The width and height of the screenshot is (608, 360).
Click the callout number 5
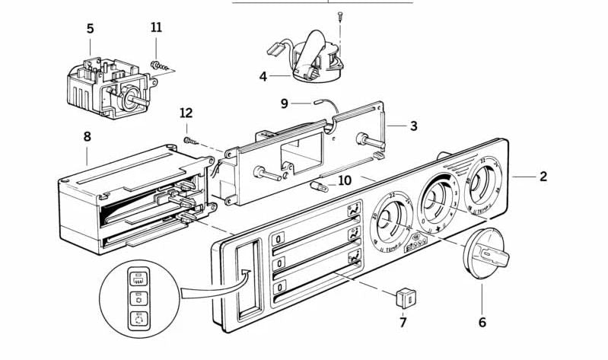coord(91,29)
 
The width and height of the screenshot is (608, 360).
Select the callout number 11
coord(156,27)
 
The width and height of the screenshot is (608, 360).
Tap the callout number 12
coord(186,113)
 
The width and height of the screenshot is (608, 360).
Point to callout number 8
coord(87,137)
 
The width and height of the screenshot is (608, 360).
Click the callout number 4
coord(263,77)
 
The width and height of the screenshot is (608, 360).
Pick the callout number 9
coord(285,104)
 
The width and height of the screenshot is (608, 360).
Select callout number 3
coord(413,126)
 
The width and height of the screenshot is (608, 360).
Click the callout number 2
coord(543,177)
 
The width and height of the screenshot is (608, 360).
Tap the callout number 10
coord(345,180)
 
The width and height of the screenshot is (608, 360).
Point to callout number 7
coord(403,322)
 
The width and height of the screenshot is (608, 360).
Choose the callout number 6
coord(482,322)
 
